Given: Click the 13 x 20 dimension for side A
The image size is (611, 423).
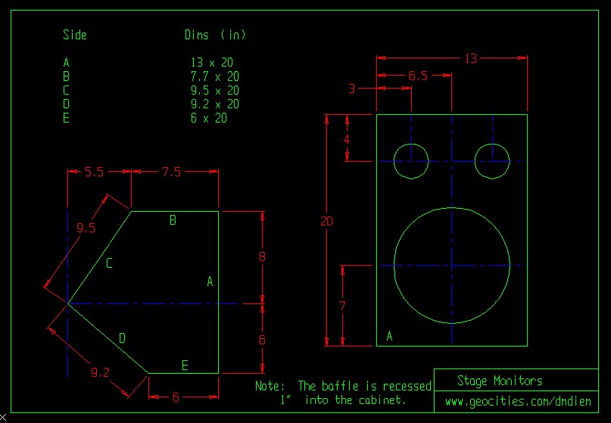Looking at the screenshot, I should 215,63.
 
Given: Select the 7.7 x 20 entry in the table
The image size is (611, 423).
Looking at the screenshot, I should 215,76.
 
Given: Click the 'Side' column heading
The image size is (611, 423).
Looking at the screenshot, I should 75,35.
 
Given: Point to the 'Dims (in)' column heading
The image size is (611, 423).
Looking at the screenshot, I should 215,35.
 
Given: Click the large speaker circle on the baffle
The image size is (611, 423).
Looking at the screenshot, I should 452,265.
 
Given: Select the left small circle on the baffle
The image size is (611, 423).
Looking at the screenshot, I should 412,160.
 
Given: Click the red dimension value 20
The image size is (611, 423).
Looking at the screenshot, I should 326,222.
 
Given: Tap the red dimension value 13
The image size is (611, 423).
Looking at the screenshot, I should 471,58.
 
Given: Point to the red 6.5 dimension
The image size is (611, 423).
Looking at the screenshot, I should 418,76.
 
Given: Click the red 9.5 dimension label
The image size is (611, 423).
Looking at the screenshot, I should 86,228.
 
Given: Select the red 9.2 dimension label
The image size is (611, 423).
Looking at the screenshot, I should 100,372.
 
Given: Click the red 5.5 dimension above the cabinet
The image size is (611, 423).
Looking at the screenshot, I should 94,172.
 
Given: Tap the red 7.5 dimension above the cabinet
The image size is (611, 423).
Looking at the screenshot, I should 171,172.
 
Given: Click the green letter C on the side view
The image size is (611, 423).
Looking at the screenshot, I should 109,263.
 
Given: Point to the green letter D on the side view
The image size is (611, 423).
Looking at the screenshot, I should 122,338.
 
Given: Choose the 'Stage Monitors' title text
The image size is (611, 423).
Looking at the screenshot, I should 500,381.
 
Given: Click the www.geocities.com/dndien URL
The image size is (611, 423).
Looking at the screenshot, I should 518,401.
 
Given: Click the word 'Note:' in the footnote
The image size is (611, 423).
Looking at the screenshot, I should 270,386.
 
